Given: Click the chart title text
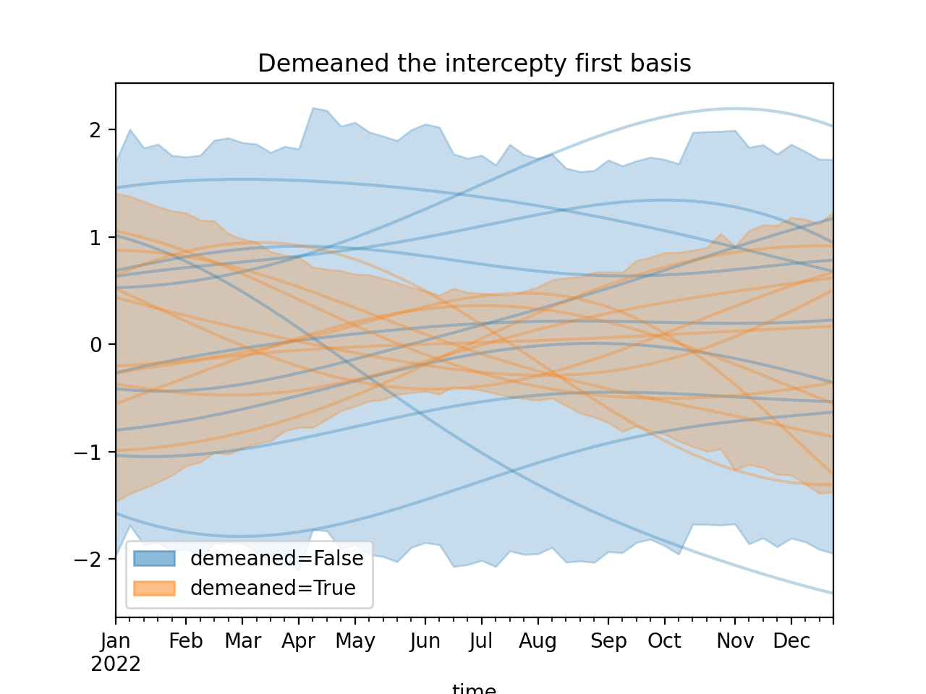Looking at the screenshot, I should pyautogui.click(x=474, y=64).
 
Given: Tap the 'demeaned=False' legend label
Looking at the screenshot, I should pyautogui.click(x=276, y=559).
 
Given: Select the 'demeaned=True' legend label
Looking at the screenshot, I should pyautogui.click(x=273, y=588).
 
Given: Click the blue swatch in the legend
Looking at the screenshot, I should pyautogui.click(x=154, y=559).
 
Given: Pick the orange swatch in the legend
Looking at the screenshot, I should pyautogui.click(x=154, y=588).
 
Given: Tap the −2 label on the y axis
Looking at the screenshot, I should pyautogui.click(x=90, y=560).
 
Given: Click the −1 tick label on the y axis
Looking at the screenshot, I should pyautogui.click(x=90, y=453).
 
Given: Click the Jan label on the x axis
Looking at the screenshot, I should pyautogui.click(x=116, y=641).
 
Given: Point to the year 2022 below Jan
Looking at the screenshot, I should pyautogui.click(x=116, y=664).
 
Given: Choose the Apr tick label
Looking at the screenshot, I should pyautogui.click(x=299, y=641).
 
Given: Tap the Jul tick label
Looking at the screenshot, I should pyautogui.click(x=480, y=641).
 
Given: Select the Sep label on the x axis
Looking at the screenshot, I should pyautogui.click(x=608, y=641).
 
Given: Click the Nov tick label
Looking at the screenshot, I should pyautogui.click(x=735, y=641).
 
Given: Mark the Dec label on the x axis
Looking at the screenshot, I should pyautogui.click(x=791, y=641).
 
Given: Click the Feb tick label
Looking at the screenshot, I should pyautogui.click(x=186, y=641).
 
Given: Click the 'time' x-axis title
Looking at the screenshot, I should pyautogui.click(x=474, y=689).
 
